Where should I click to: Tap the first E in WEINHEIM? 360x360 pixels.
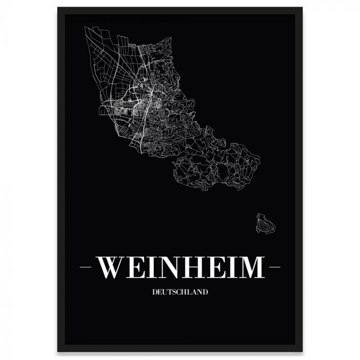tap(135, 267)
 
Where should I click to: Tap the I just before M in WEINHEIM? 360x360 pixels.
tap(231, 267)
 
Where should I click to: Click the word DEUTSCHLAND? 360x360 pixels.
tap(180, 292)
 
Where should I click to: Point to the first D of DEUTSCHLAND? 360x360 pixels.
tap(155, 292)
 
